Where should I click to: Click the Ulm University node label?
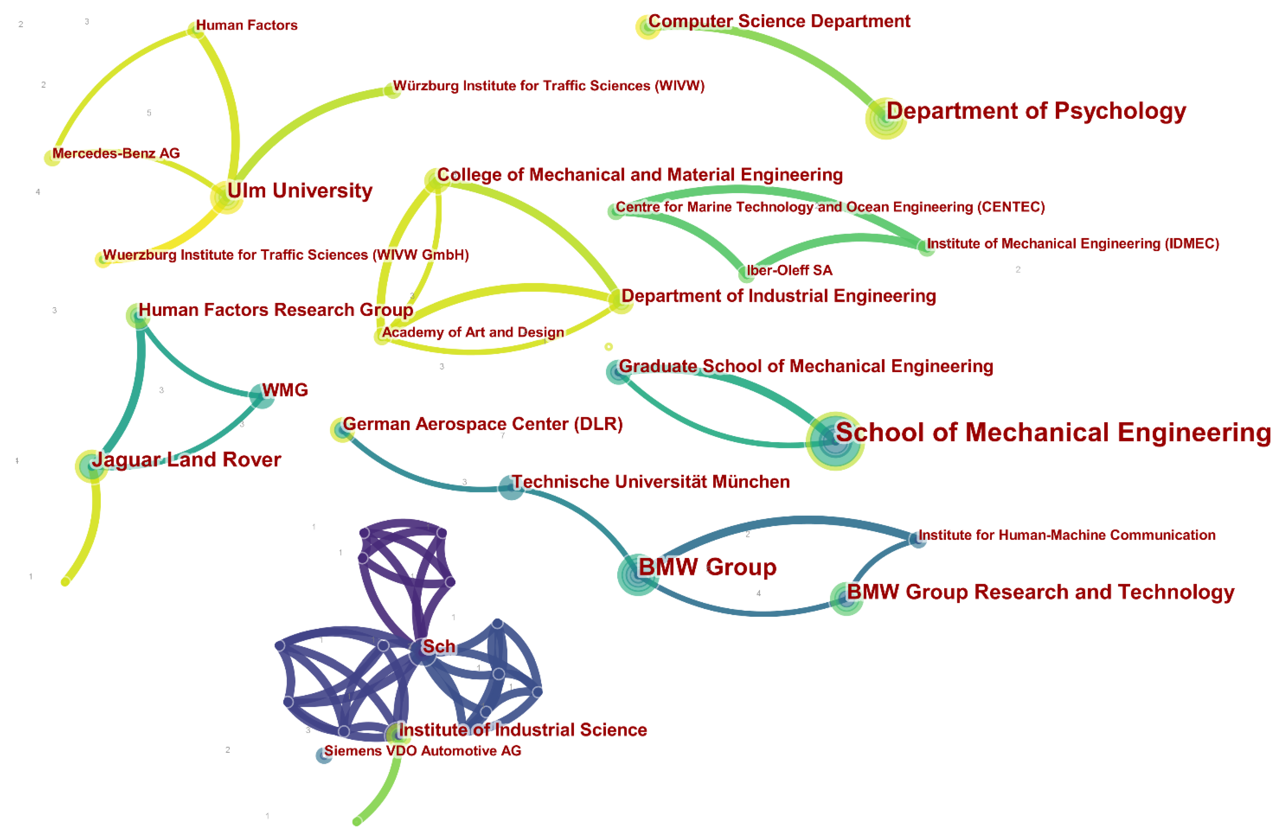click(x=300, y=191)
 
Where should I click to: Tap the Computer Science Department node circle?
click(x=648, y=27)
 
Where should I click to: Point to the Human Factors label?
click(x=247, y=25)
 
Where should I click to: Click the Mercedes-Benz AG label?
click(x=116, y=153)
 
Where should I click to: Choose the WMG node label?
click(x=285, y=390)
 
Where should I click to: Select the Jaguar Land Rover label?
click(x=186, y=460)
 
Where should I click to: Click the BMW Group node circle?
click(x=637, y=575)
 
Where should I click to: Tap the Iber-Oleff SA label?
click(x=789, y=270)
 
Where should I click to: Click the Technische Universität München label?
click(x=650, y=482)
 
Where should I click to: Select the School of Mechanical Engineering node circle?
click(x=834, y=441)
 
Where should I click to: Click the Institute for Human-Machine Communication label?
click(x=1067, y=535)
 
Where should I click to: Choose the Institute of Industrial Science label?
click(x=523, y=730)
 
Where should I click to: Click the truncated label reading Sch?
click(x=439, y=646)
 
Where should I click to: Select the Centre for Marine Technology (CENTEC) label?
click(x=830, y=207)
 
